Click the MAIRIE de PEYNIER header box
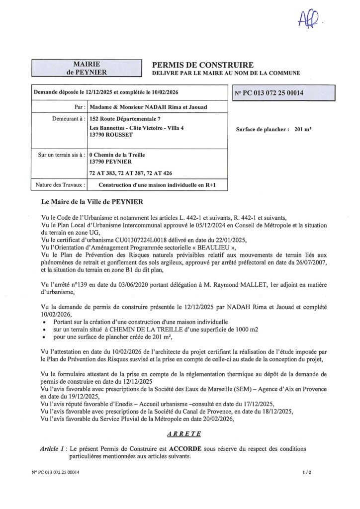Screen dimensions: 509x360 click(83, 68)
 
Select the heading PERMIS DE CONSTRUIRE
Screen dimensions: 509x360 click(202, 65)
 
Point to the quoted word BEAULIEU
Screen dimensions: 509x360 click(211, 247)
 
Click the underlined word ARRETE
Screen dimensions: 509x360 click(183, 433)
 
